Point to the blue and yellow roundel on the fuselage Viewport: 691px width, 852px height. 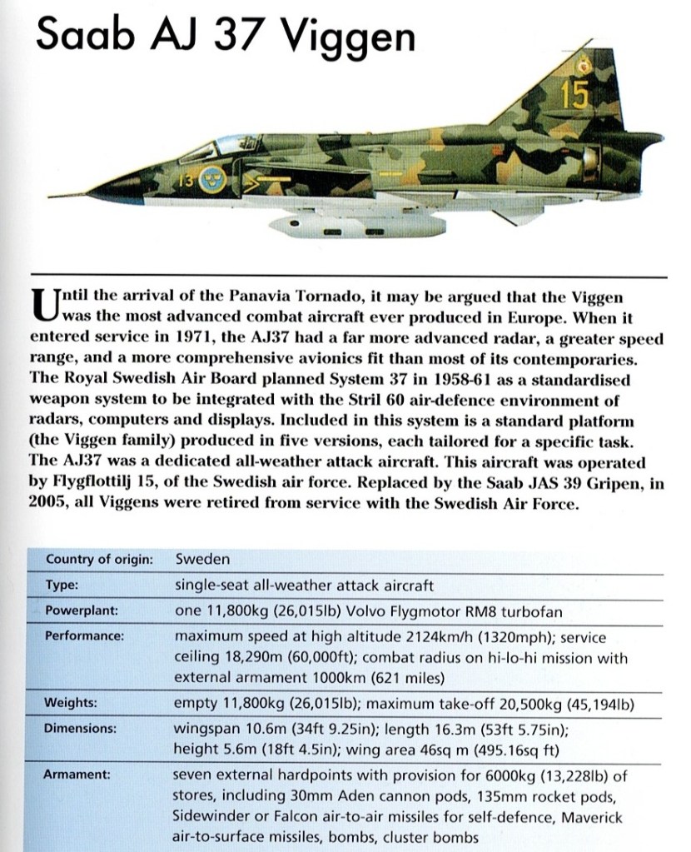click(213, 179)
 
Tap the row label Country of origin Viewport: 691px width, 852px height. click(98, 559)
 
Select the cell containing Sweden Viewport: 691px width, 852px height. click(202, 559)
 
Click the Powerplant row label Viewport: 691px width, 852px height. click(82, 610)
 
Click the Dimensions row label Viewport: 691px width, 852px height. click(81, 727)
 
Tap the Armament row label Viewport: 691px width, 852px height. click(78, 775)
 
